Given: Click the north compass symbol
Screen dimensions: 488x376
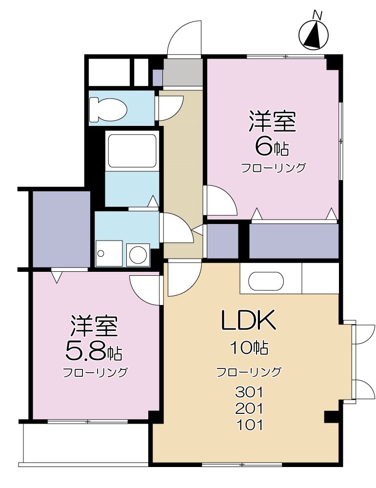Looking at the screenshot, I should [314, 35].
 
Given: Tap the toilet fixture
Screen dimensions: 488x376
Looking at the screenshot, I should [107, 109].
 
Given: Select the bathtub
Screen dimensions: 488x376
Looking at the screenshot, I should [132, 151].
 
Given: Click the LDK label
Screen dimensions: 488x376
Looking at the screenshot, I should [249, 321].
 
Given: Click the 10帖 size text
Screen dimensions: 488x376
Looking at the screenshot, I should [249, 348].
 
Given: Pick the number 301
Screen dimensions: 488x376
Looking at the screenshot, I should [249, 391].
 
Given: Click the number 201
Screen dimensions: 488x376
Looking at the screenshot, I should [249, 408].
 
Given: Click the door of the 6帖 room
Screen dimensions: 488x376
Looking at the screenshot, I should [219, 200].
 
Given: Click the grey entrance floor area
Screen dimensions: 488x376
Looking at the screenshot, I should [182, 72].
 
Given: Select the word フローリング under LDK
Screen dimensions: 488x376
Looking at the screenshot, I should [249, 372].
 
